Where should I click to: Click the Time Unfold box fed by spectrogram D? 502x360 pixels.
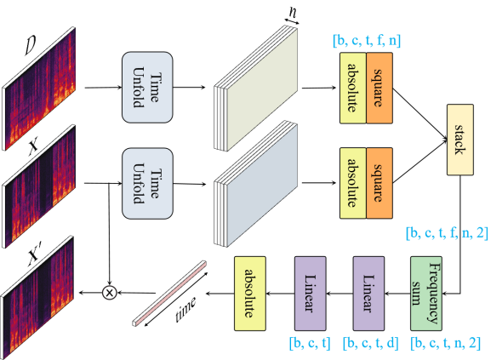coord(147,87)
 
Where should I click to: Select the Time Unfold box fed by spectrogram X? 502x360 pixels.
coord(147,184)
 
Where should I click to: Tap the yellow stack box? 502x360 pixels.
coord(460,140)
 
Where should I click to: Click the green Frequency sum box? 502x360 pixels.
coord(426,294)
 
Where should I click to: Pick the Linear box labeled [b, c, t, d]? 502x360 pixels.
coord(368,294)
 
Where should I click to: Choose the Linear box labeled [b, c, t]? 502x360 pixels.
coord(311,294)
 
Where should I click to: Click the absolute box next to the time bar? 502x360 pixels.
coord(250,294)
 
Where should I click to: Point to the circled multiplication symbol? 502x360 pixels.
coord(110,293)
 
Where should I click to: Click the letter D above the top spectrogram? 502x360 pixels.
coord(30,45)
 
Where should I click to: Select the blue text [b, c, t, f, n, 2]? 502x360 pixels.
coord(447,233)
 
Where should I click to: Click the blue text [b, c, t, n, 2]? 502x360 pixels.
coord(445,343)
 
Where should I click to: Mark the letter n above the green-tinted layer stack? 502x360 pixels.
coord(293,12)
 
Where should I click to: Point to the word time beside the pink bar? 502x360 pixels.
coord(186,309)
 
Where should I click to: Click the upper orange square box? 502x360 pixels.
coord(379,88)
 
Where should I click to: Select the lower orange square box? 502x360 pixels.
coord(379,183)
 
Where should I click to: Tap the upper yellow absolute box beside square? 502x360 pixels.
coord(353,88)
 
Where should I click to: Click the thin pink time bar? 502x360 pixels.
coord(169,294)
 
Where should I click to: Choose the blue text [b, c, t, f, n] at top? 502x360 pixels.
coord(367,41)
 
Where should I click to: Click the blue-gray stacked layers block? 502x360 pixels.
coord(256,184)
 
